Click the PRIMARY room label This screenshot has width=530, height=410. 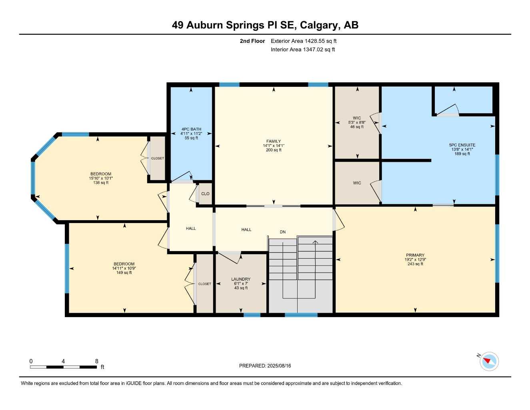[x=415, y=255]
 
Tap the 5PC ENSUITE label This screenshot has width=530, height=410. [x=462, y=145]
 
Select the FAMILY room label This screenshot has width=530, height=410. [x=274, y=141]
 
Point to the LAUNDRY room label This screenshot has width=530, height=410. [x=241, y=279]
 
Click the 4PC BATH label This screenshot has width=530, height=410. [x=191, y=129]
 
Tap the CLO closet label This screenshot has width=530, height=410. [x=205, y=194]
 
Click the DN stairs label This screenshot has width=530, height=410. [x=283, y=232]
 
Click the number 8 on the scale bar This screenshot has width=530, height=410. [x=96, y=361]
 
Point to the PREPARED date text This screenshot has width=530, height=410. [x=265, y=366]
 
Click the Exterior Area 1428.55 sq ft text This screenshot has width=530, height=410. [x=304, y=41]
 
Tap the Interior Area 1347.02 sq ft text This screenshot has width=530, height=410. [x=303, y=50]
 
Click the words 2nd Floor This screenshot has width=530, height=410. [x=252, y=41]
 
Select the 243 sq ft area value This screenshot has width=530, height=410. [x=415, y=264]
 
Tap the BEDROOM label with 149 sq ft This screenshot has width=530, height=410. [x=124, y=264]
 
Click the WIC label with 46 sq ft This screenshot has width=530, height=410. [x=357, y=118]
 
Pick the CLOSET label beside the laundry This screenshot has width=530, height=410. [x=204, y=284]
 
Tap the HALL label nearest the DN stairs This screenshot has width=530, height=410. [x=246, y=229]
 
